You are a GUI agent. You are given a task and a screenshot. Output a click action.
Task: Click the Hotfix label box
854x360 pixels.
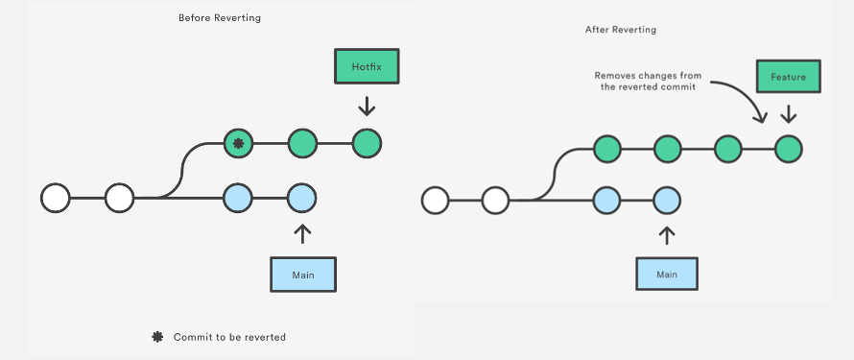[366, 66]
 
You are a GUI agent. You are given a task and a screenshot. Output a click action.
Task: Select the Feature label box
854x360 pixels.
[788, 76]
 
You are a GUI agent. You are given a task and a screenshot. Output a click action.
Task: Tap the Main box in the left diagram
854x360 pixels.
[303, 275]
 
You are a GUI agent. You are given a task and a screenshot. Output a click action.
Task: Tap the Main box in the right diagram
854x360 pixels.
[667, 274]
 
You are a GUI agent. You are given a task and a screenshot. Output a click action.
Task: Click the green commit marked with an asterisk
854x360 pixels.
[238, 144]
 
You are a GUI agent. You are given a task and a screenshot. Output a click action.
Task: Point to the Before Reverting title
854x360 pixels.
[220, 18]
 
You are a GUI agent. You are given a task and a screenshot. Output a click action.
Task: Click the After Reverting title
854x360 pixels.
[621, 30]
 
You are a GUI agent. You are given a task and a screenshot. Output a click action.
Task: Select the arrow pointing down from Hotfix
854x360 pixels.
[367, 105]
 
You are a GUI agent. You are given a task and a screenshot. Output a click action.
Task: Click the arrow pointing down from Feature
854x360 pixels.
[789, 113]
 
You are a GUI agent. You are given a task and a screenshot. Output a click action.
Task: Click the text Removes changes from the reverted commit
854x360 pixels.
[642, 81]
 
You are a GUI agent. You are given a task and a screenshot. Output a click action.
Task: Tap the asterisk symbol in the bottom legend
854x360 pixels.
[157, 337]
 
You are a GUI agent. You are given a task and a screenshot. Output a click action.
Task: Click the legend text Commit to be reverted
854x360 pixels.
[229, 337]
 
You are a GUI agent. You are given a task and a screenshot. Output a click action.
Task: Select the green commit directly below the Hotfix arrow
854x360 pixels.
[367, 144]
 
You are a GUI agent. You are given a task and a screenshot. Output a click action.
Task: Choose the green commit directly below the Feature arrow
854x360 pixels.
[788, 149]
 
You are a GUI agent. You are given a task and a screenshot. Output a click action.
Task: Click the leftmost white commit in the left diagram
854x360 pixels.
[56, 199]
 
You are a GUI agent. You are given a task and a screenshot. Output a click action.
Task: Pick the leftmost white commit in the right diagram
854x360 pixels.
[435, 200]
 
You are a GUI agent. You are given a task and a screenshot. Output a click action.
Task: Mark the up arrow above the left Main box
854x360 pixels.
[303, 234]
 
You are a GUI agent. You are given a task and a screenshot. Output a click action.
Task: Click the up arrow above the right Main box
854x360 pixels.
[667, 235]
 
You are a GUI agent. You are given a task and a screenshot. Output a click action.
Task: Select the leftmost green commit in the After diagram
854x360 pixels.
[606, 149]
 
